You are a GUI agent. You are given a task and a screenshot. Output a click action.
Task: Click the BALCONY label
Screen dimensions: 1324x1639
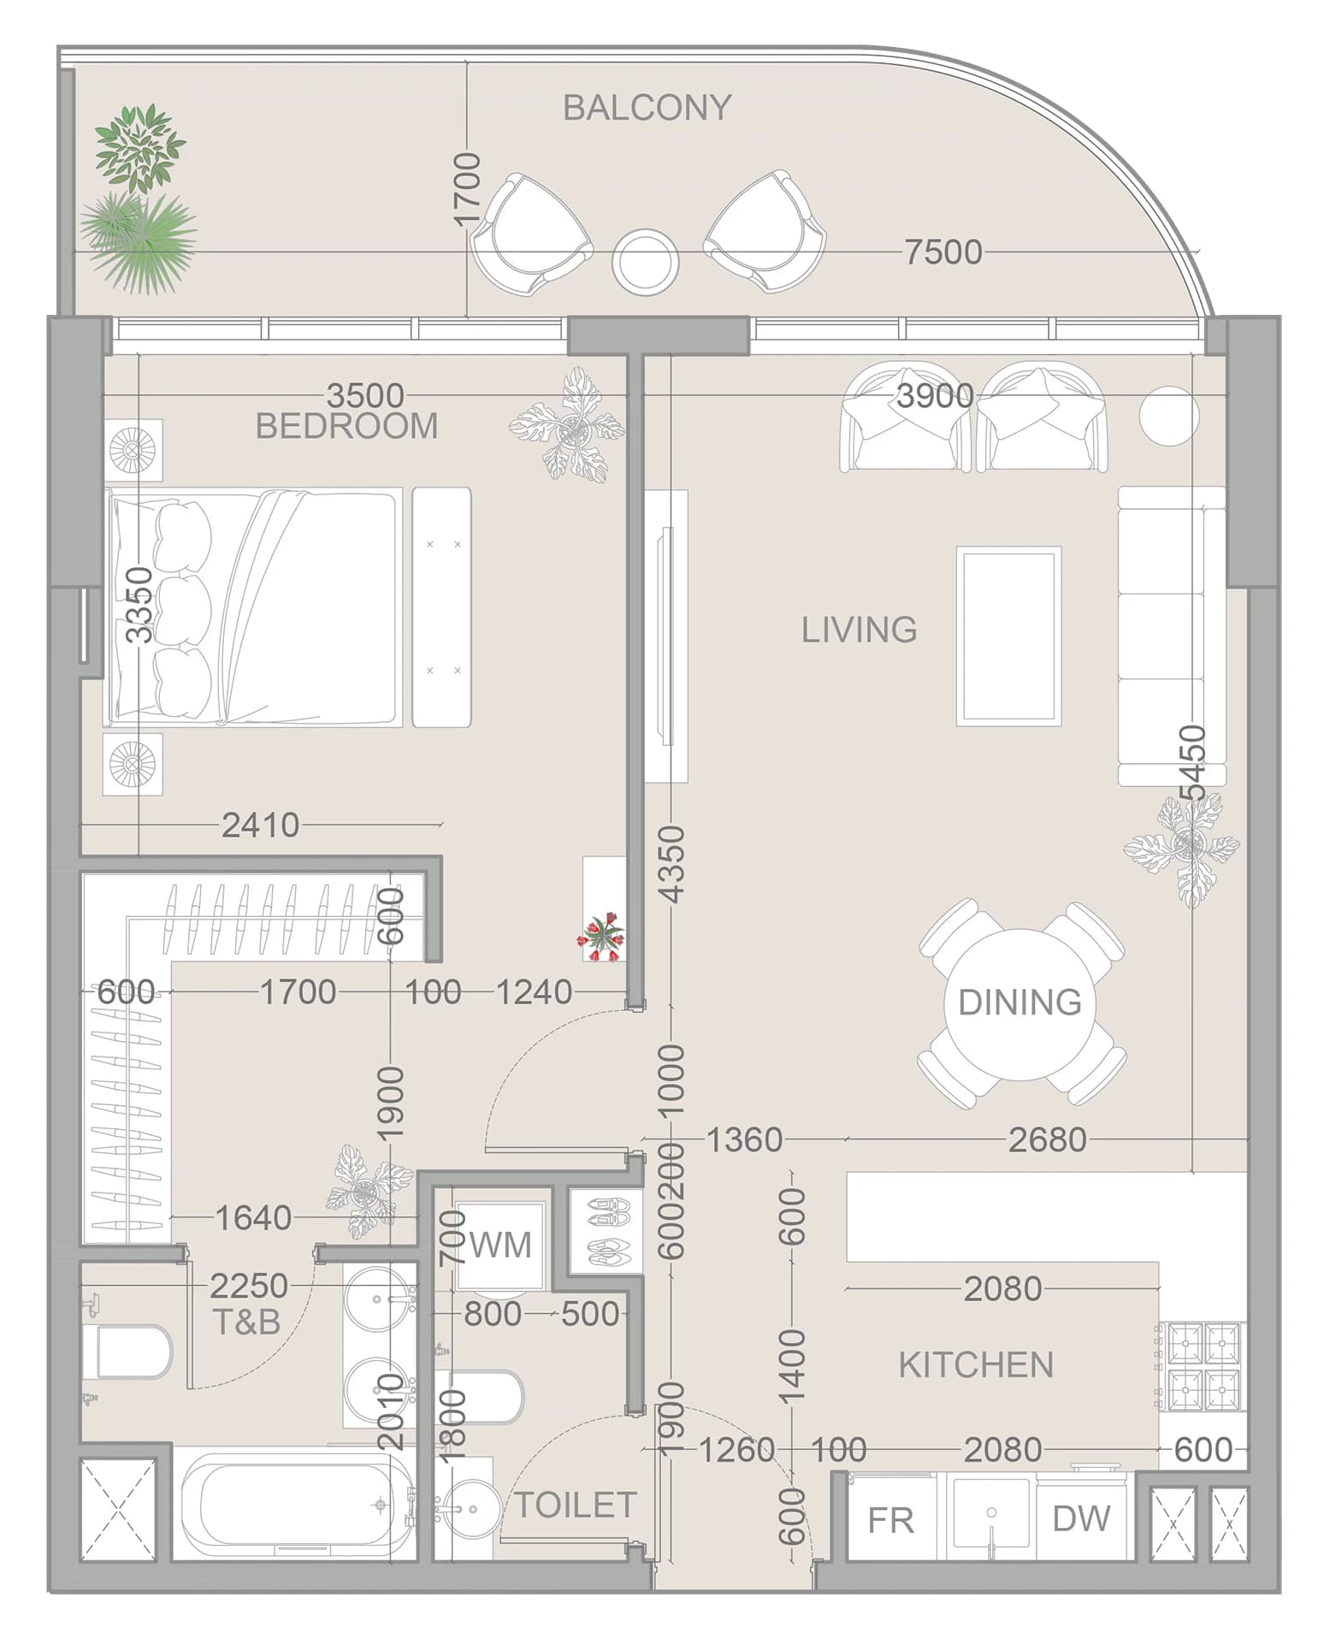647,108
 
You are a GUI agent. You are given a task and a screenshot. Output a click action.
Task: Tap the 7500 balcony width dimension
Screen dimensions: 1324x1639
943,252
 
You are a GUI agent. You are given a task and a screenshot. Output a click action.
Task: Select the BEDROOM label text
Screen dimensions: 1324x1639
346,426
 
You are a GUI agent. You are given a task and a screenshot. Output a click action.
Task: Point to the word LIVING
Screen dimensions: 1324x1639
859,630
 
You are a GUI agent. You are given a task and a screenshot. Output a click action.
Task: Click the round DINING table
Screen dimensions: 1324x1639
1020,1003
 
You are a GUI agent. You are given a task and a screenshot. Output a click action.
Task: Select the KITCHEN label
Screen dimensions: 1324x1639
976,1365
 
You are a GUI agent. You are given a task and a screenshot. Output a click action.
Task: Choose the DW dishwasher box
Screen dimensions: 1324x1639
1082,1518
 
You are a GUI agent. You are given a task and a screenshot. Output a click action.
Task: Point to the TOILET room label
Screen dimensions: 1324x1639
575,1505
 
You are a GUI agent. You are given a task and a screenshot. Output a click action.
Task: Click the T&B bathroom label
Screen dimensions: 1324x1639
246,1322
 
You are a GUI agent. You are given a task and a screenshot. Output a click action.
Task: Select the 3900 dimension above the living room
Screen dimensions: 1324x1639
935,396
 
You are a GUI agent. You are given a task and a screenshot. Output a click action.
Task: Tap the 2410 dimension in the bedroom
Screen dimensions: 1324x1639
261,825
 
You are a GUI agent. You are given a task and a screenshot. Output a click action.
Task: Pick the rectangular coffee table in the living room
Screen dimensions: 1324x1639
1008,636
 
